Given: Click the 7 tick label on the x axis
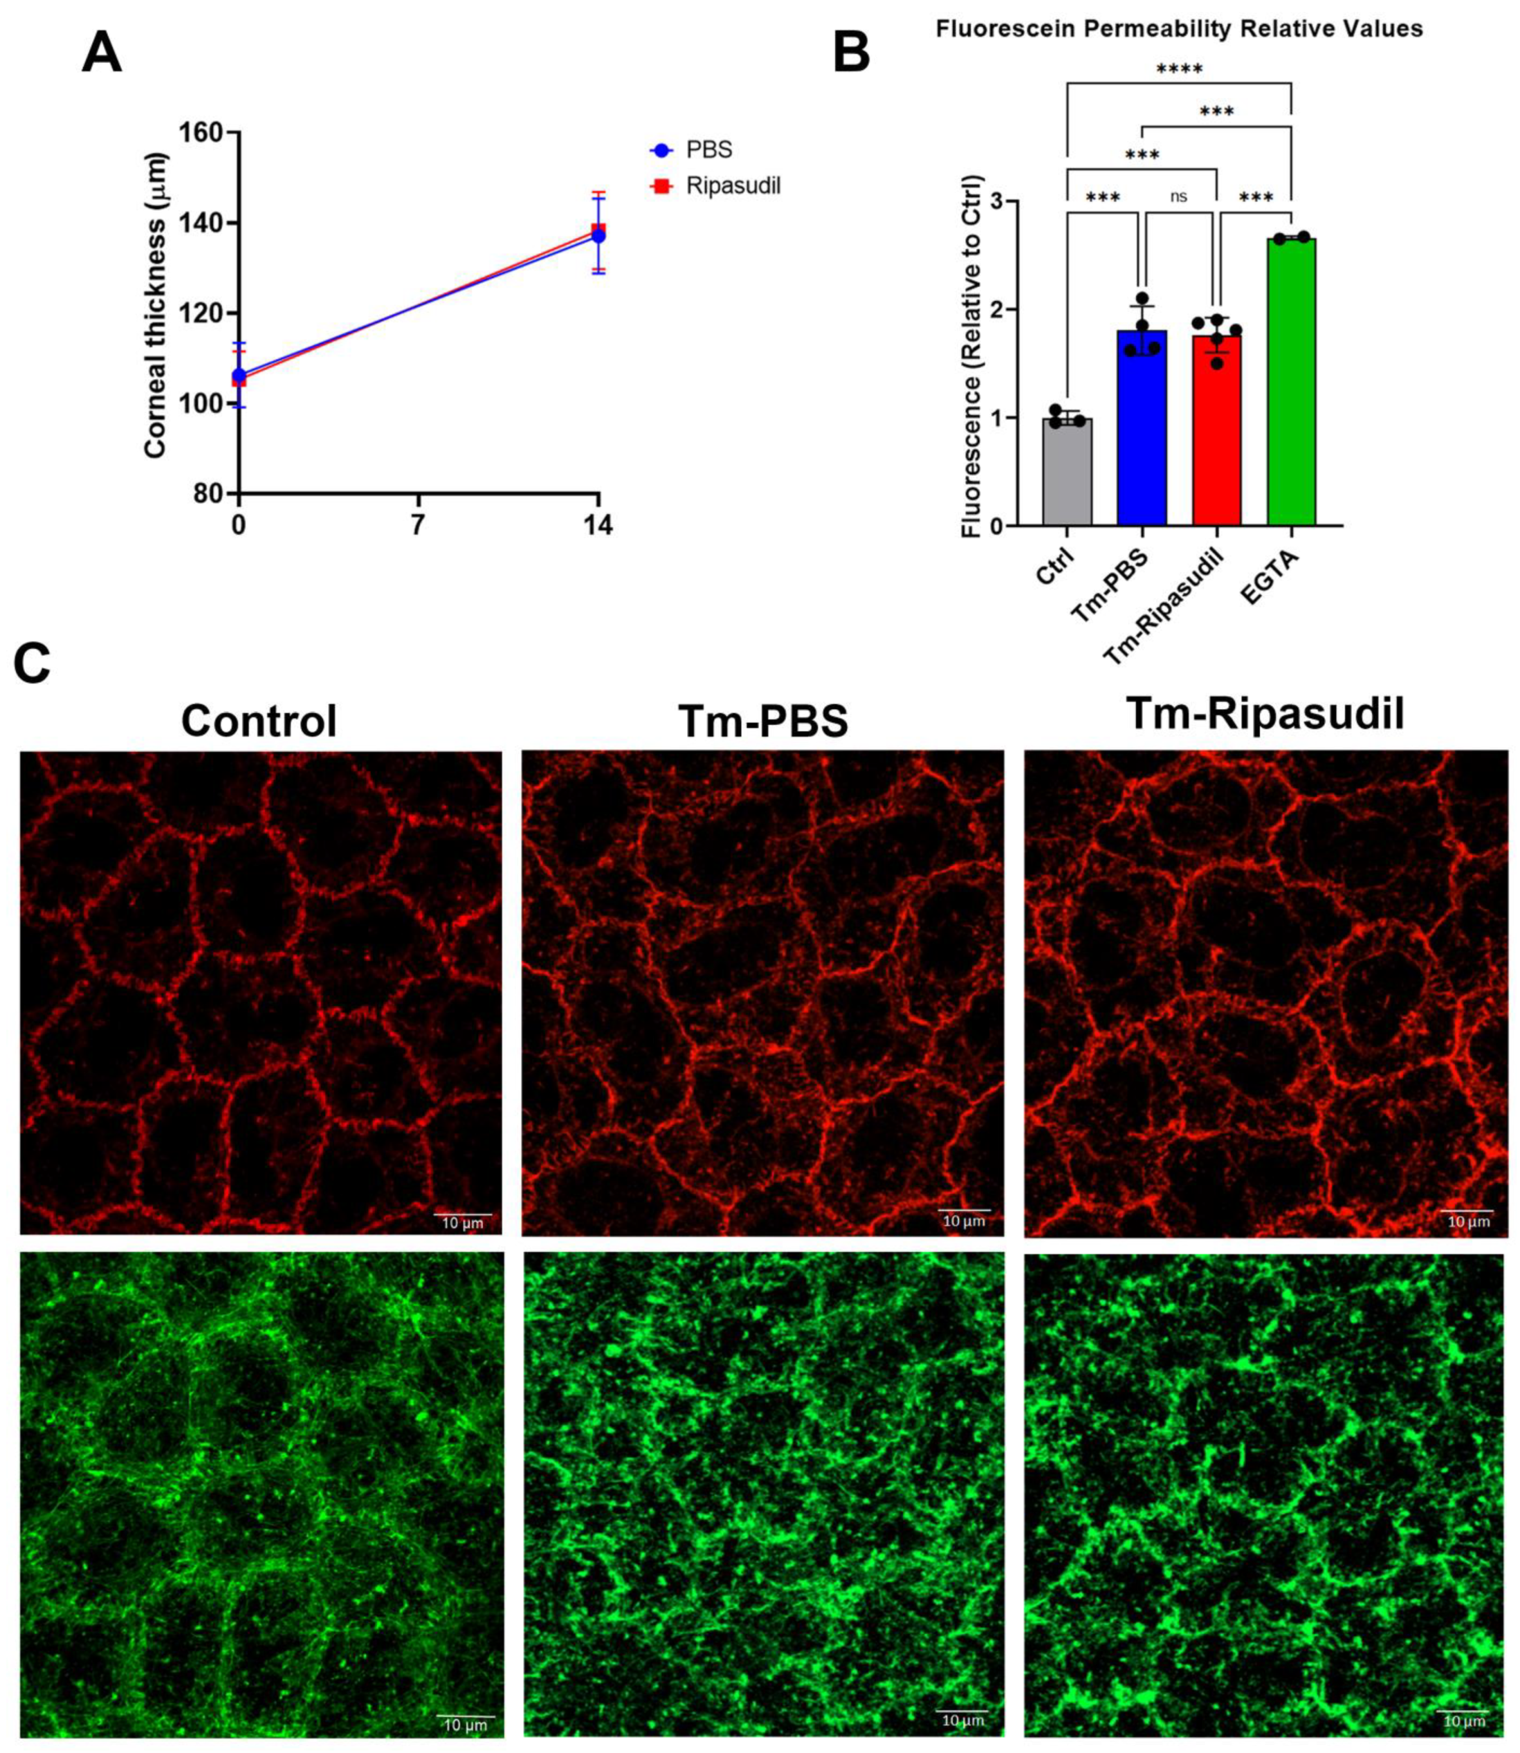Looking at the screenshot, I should point(417,526).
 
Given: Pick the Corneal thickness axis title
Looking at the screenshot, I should point(155,305).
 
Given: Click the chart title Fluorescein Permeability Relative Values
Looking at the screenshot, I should point(1179,29).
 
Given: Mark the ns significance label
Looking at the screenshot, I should point(1179,197).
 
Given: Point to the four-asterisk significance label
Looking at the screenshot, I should point(1179,68).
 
